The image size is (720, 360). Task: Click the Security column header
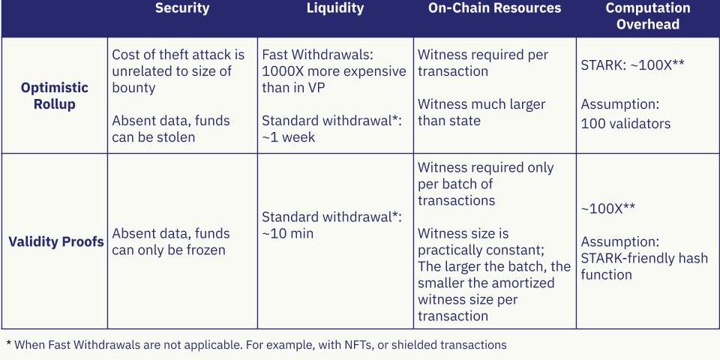coord(182,8)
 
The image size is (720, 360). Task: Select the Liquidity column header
coord(335,8)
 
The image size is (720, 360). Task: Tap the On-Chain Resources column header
coord(494,8)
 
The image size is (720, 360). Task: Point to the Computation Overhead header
coord(648,16)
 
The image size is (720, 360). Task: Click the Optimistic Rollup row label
coord(55,96)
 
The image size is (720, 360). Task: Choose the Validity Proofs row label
coord(56,242)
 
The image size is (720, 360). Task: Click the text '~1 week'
coord(288,137)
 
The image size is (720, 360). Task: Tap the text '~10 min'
coord(287,233)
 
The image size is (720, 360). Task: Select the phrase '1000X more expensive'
coord(334,71)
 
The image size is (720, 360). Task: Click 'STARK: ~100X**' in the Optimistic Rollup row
coord(632,64)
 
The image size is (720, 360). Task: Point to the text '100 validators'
coord(625,124)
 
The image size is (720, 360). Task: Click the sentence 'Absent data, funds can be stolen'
coord(171,129)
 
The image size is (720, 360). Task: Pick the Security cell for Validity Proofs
coord(171,241)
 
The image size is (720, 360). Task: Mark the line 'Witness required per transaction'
coord(482,63)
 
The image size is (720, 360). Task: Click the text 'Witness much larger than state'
coord(481,112)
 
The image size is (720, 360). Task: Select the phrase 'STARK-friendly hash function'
coord(644,266)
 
